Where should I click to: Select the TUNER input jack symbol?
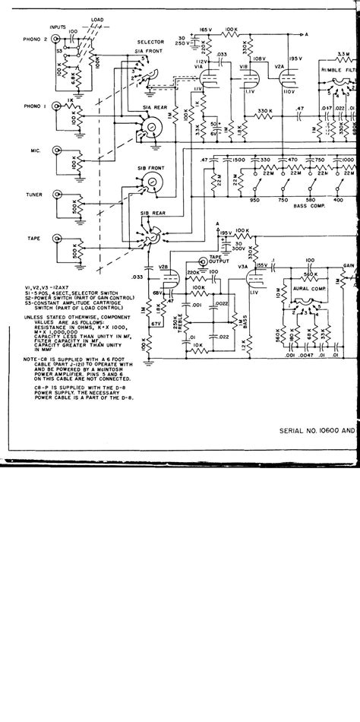55,196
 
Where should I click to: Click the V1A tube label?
198,67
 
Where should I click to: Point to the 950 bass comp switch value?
255,199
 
